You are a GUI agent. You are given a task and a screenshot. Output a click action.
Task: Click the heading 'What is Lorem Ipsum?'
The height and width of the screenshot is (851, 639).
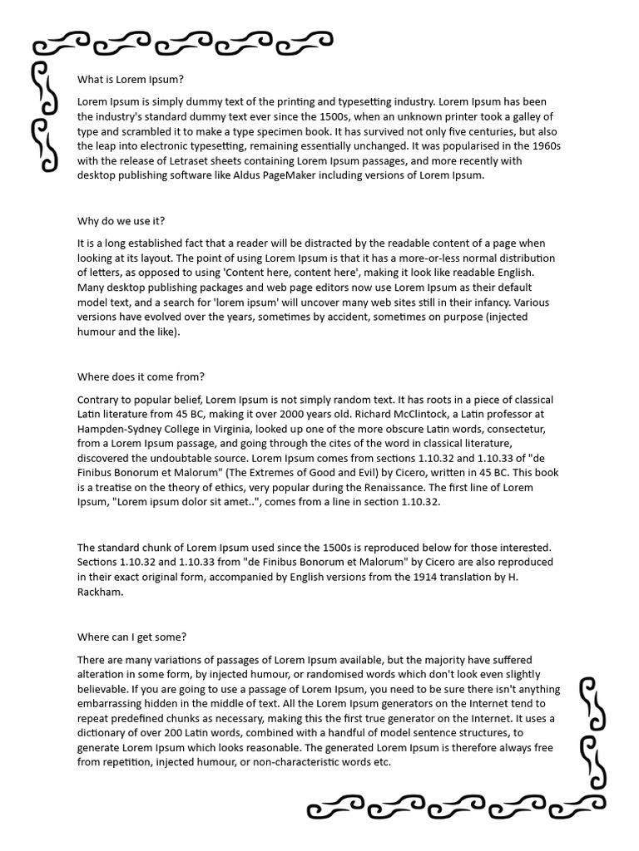130,80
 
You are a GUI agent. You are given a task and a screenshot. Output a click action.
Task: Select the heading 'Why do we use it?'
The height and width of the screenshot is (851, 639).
121,221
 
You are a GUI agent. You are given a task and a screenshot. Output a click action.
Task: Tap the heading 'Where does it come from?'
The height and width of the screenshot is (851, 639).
141,376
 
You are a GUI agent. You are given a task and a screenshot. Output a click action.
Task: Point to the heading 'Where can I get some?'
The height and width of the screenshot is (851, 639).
131,637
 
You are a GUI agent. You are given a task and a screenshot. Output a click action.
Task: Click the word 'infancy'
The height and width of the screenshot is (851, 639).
488,303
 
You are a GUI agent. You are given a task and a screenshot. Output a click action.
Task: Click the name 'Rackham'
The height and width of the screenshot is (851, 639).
101,593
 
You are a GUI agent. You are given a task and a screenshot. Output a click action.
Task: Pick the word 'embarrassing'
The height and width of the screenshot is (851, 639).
111,705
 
